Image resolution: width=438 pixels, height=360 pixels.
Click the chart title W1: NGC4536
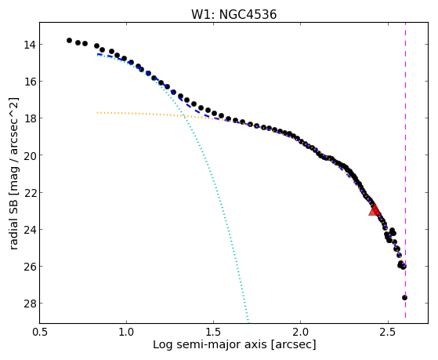[233, 15]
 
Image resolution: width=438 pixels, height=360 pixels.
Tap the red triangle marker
[375, 210]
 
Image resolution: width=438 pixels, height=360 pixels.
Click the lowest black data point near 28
[404, 297]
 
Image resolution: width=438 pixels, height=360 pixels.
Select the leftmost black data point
[69, 40]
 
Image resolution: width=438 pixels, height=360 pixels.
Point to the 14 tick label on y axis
[29, 45]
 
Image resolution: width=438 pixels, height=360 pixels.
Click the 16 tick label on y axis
[29, 82]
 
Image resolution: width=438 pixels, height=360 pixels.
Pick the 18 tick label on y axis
[29, 118]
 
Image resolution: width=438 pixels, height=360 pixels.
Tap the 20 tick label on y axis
[29, 155]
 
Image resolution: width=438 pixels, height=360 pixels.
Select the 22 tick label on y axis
[29, 193]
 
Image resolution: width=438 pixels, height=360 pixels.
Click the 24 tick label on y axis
[29, 230]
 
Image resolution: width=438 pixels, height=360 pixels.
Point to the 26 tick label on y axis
[29, 267]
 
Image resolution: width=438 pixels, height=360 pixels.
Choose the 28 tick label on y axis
[29, 304]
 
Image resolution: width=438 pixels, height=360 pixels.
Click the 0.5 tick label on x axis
[40, 332]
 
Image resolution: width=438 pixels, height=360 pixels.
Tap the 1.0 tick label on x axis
[126, 332]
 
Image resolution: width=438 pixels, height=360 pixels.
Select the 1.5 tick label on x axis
[213, 332]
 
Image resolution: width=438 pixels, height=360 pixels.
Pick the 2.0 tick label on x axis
[300, 332]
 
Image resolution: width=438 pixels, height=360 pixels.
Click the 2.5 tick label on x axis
[388, 332]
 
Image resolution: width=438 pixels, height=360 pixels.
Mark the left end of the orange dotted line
[97, 113]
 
